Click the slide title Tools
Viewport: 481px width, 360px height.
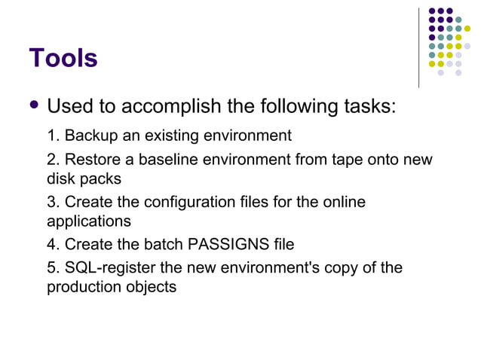tap(63, 58)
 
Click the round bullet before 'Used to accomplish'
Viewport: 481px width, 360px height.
tap(32, 105)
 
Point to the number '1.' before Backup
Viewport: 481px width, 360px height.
tap(54, 136)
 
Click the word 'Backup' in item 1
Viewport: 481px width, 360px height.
tap(88, 136)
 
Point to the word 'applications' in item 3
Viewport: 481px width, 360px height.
tap(89, 222)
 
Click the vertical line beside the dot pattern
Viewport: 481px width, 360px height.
tap(418, 47)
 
